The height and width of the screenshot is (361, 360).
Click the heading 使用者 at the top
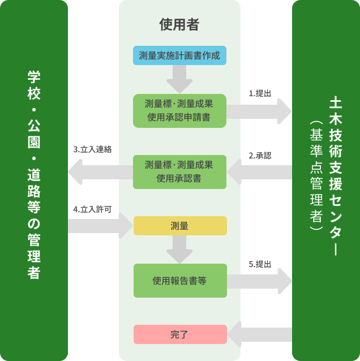click(179, 24)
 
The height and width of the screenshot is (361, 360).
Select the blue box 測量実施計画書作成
click(179, 55)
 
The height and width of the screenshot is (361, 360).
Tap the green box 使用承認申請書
click(179, 111)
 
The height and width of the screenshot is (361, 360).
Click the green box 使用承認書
click(179, 172)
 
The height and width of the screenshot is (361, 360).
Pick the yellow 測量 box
click(179, 226)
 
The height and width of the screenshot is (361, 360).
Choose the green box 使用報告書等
click(179, 280)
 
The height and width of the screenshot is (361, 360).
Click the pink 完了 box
click(179, 334)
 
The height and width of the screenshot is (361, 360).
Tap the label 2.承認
click(260, 155)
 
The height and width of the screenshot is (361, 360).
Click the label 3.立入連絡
click(92, 150)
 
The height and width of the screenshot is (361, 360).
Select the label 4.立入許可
click(92, 209)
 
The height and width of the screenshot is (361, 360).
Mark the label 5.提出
click(260, 264)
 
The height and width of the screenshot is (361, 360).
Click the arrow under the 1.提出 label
click(259, 111)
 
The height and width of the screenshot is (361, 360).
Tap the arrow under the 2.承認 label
click(259, 172)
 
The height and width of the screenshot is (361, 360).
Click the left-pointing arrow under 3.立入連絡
click(100, 172)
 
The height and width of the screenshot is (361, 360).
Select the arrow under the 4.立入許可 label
click(100, 226)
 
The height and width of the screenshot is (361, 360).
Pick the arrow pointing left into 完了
click(259, 334)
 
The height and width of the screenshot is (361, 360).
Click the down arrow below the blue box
click(179, 79)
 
